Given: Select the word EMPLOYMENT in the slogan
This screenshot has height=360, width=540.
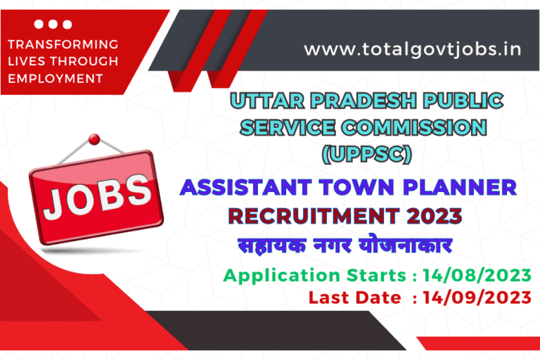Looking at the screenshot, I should (56, 78).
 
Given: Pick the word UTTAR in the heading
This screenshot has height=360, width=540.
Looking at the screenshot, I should (269, 101).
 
